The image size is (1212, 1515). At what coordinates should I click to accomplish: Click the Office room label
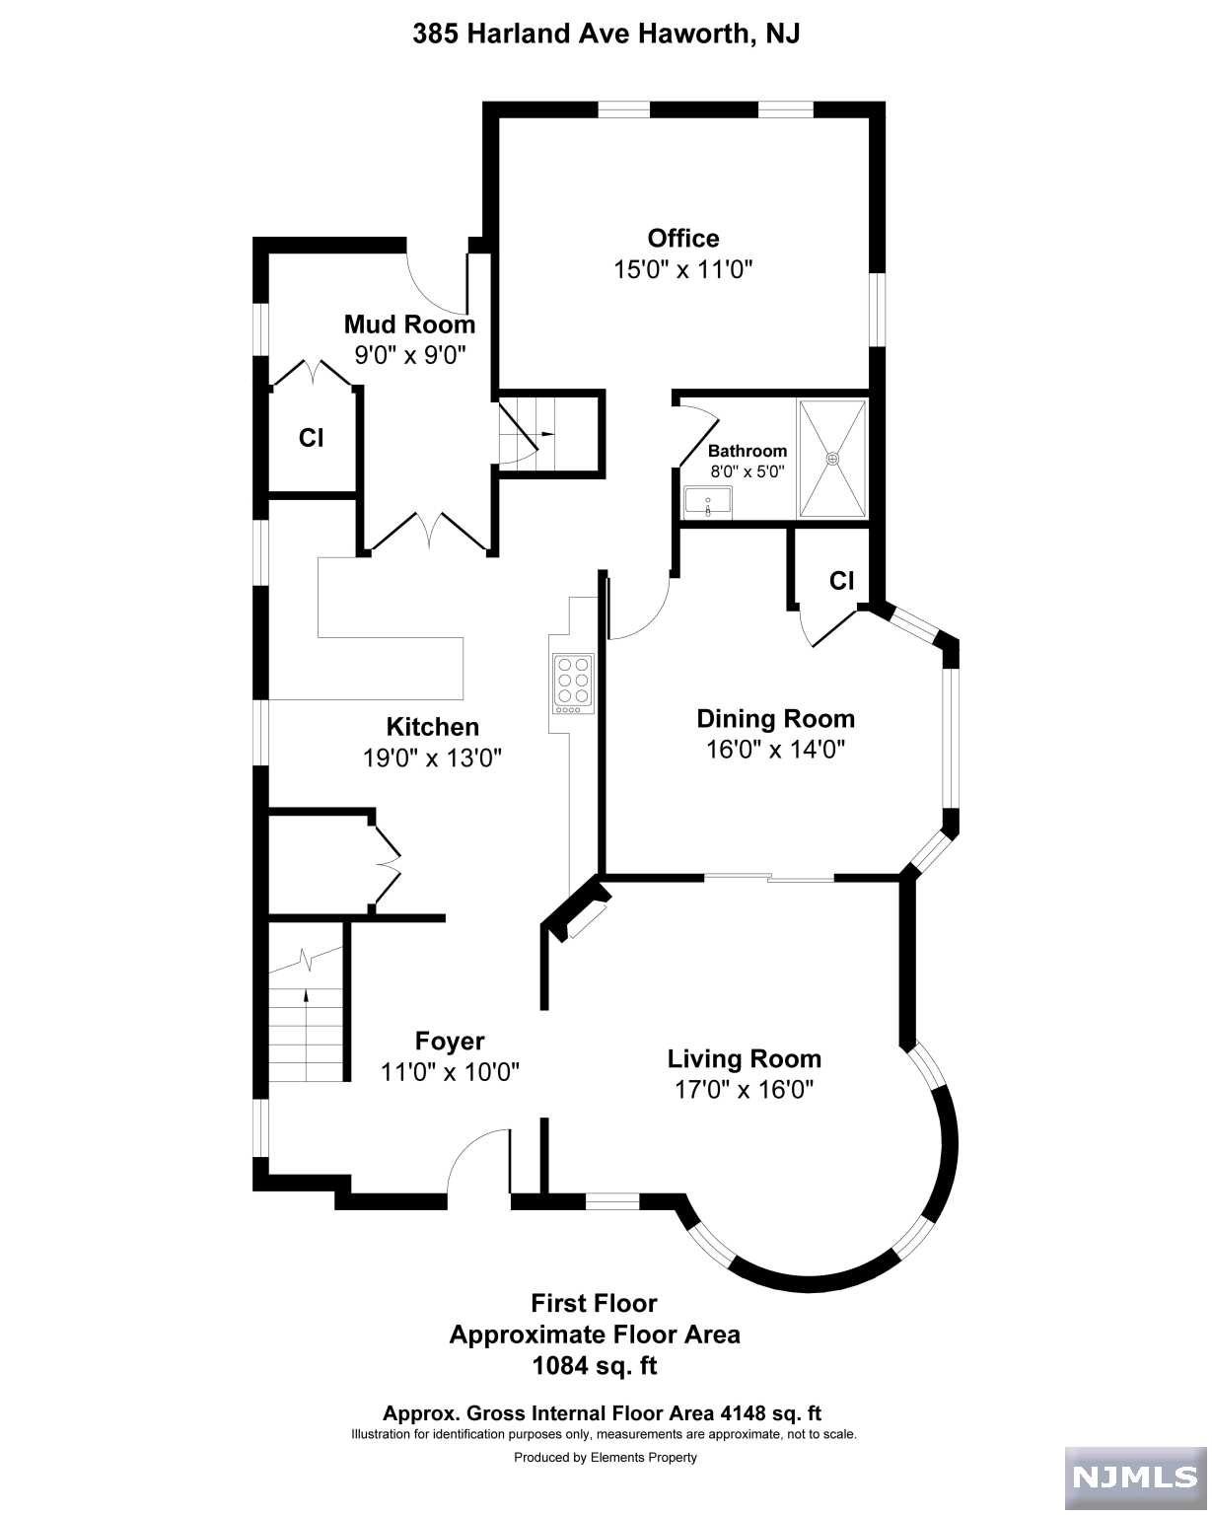click(x=682, y=238)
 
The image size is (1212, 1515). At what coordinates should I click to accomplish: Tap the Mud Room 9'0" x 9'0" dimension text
click(x=410, y=355)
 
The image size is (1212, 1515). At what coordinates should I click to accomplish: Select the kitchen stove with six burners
click(x=572, y=684)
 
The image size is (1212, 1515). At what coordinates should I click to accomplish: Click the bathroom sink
click(x=707, y=503)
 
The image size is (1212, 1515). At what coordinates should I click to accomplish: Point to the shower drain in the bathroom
click(x=832, y=459)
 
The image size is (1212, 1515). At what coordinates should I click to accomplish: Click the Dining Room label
click(x=776, y=718)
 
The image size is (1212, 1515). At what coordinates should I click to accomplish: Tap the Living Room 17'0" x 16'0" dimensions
click(x=744, y=1090)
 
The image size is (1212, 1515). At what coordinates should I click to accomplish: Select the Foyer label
click(x=450, y=1041)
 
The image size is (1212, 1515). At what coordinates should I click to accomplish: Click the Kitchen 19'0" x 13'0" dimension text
click(x=432, y=757)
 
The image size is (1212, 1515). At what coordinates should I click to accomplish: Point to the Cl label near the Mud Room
click(x=311, y=438)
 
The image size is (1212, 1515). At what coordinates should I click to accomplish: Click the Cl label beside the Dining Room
click(x=842, y=580)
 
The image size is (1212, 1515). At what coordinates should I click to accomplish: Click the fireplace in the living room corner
click(x=579, y=908)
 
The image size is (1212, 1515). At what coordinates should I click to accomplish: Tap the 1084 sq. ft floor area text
click(x=595, y=1366)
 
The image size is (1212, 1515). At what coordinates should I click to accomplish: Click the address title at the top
click(x=606, y=34)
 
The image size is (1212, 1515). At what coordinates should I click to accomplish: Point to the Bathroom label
click(x=747, y=451)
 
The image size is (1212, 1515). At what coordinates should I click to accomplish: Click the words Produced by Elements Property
click(x=606, y=1457)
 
